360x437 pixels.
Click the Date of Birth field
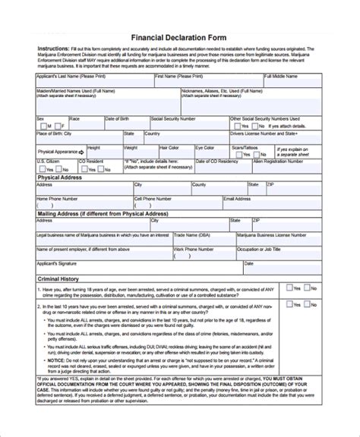tap(125, 124)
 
